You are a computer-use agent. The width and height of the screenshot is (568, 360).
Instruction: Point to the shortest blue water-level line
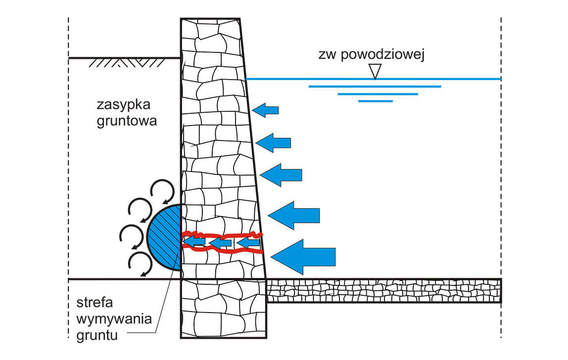(375, 101)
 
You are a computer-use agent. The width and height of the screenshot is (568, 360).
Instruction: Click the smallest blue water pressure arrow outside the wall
(266, 110)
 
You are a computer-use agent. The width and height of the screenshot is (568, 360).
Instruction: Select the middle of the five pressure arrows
(281, 175)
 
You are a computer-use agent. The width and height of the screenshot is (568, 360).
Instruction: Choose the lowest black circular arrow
(140, 263)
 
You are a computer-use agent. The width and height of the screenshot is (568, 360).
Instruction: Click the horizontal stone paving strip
(383, 291)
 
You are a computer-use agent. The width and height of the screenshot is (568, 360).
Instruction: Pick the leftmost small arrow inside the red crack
(194, 242)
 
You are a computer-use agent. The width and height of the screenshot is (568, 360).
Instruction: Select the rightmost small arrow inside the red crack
(248, 243)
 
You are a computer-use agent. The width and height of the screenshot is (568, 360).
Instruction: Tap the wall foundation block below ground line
(224, 309)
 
